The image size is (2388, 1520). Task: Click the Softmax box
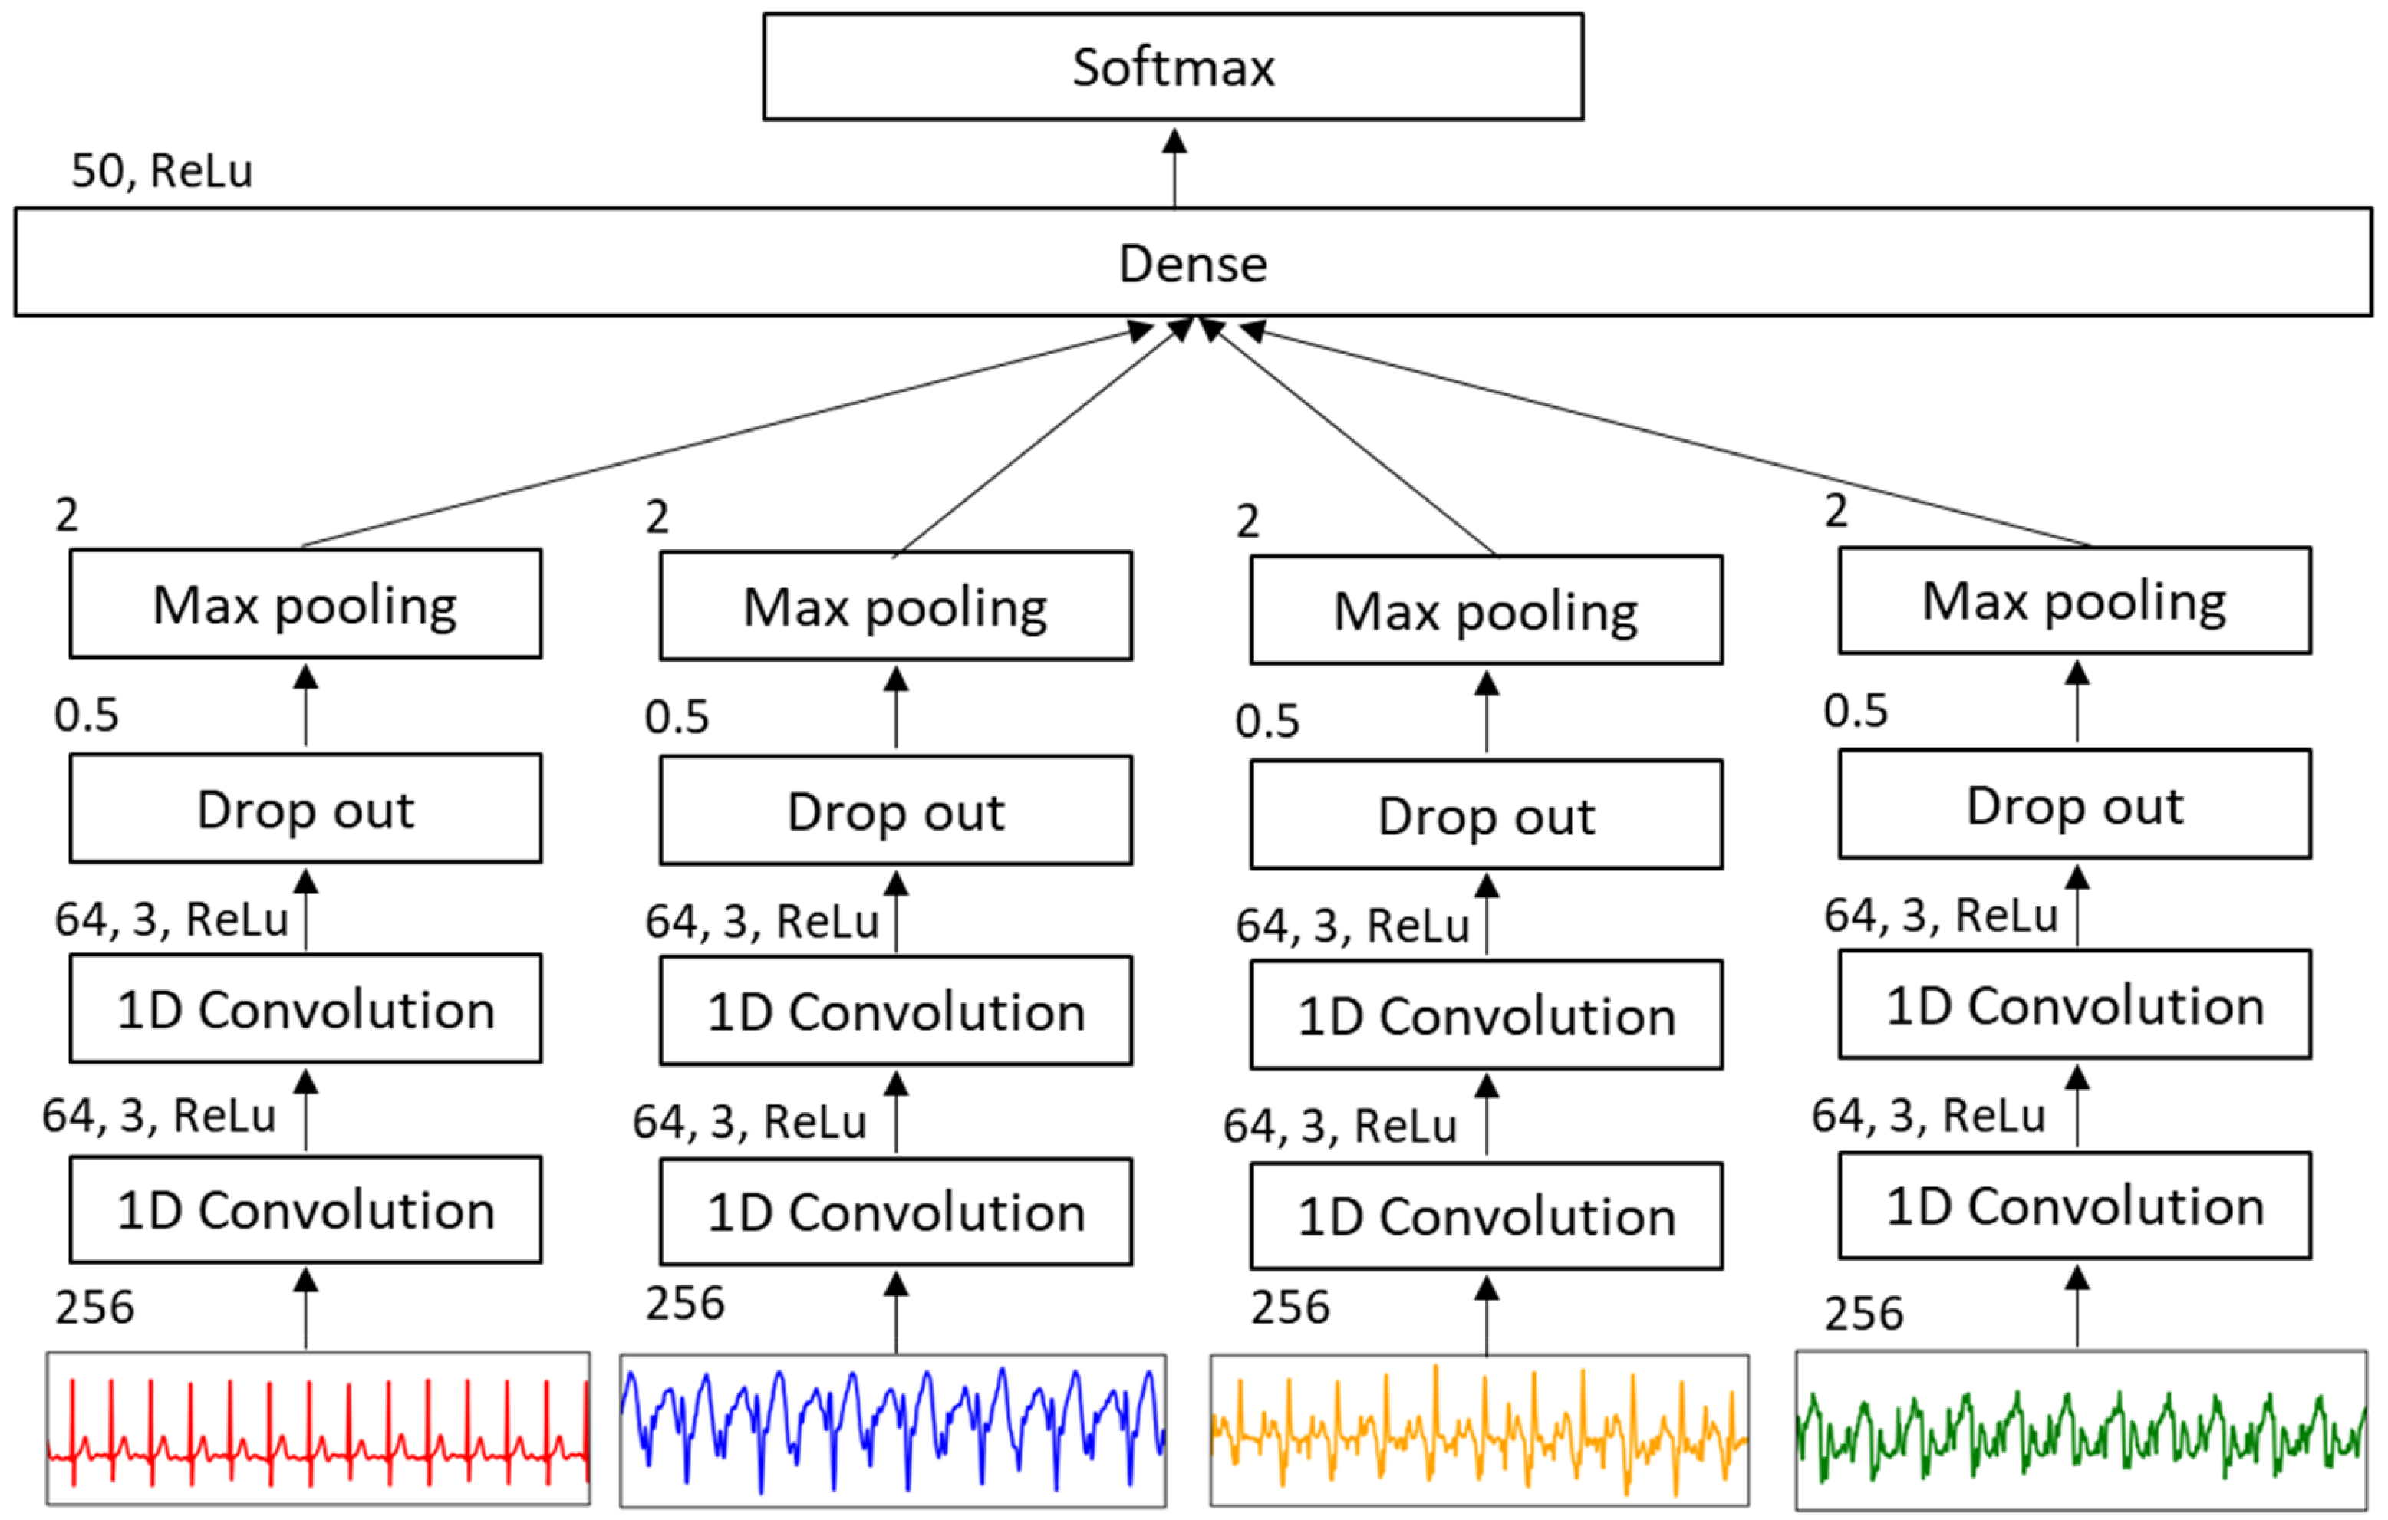tap(1172, 67)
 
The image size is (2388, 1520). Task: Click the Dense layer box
tap(1193, 263)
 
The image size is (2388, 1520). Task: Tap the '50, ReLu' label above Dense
tap(162, 170)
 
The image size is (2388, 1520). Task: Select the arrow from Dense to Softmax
tap(1174, 169)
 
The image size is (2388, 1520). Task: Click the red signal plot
tap(318, 1428)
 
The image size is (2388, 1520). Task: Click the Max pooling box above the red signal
tap(305, 604)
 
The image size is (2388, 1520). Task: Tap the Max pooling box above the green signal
tap(2074, 600)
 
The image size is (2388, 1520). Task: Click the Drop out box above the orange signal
tap(1486, 815)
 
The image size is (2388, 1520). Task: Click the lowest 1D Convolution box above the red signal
tap(305, 1209)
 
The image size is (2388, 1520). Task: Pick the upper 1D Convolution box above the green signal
tap(2074, 1005)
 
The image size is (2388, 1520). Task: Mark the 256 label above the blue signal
tap(684, 1303)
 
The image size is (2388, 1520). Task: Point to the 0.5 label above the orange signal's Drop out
tap(1266, 721)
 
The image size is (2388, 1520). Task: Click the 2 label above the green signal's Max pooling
tap(1836, 511)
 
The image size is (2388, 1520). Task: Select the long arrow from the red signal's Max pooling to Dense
tap(724, 436)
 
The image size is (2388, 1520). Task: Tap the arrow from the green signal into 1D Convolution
tap(2077, 1307)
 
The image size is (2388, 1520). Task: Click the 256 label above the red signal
tap(94, 1307)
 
